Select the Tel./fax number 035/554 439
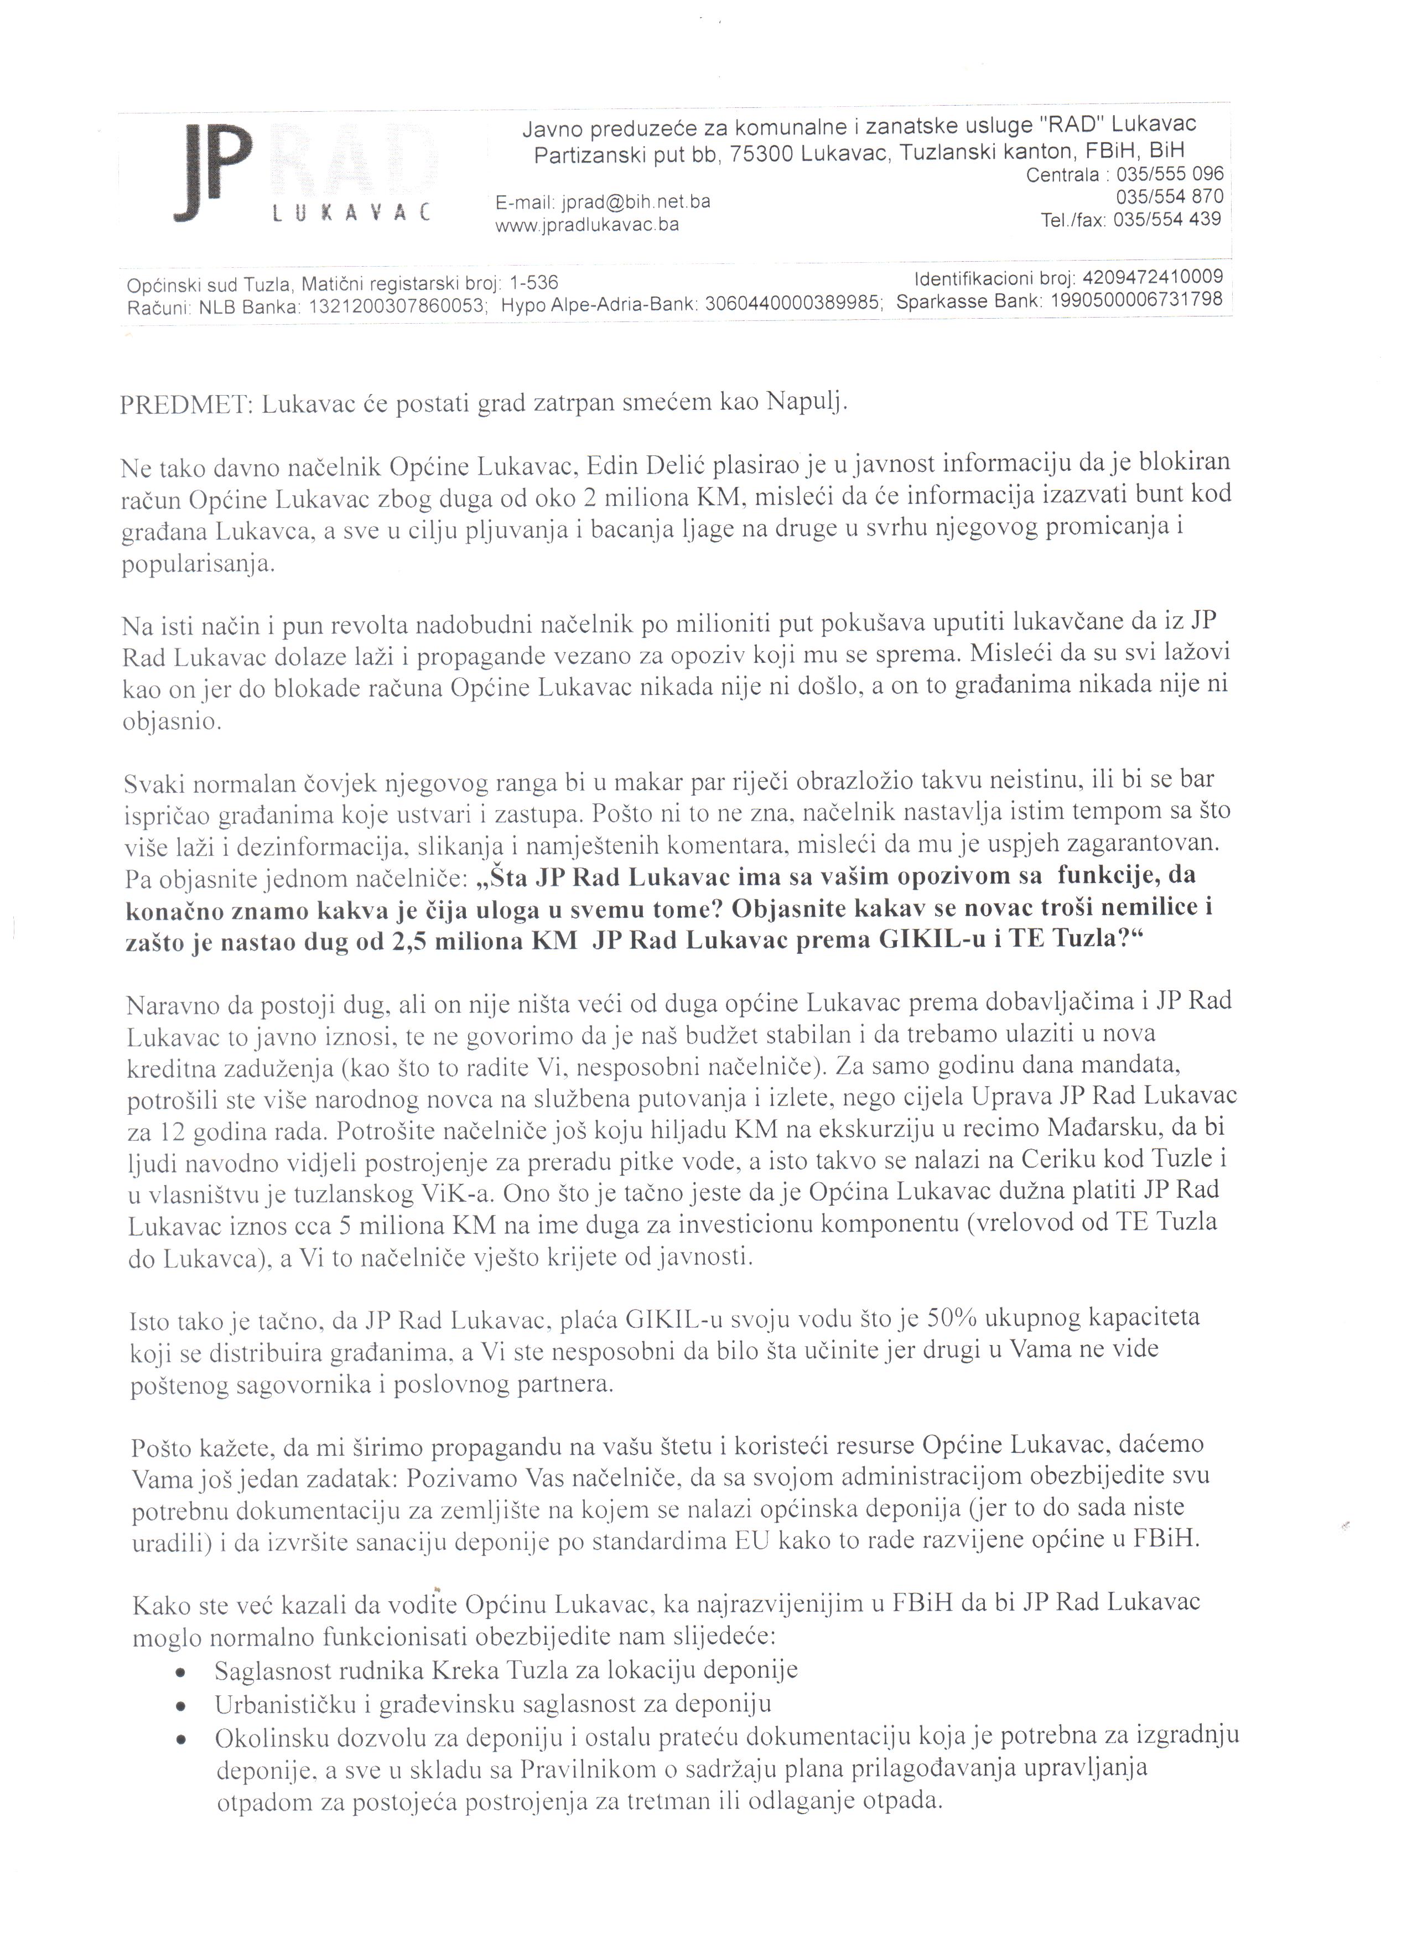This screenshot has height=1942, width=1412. point(1166,219)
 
